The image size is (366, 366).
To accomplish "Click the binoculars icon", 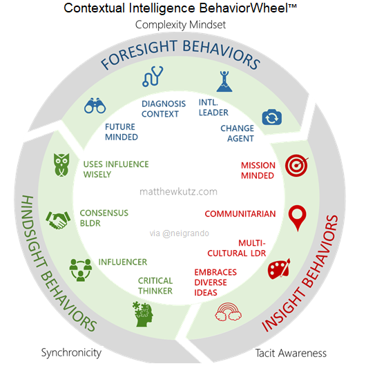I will (x=95, y=106).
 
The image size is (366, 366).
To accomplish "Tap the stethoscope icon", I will (x=153, y=76).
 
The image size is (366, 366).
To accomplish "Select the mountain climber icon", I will (x=222, y=80).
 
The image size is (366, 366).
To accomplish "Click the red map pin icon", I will (x=298, y=218).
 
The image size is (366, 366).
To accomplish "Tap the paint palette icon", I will (x=280, y=267).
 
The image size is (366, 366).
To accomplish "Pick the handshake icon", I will (x=57, y=220).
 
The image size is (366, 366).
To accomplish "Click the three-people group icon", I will (x=81, y=269).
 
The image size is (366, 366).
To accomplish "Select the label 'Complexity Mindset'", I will (x=181, y=25).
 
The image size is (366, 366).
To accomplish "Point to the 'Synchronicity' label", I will (x=71, y=352).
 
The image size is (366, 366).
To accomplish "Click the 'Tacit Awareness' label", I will (x=290, y=352).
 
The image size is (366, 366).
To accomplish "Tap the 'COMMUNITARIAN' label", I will (x=240, y=214).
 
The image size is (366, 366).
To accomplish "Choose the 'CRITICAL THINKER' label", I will (x=155, y=286).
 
